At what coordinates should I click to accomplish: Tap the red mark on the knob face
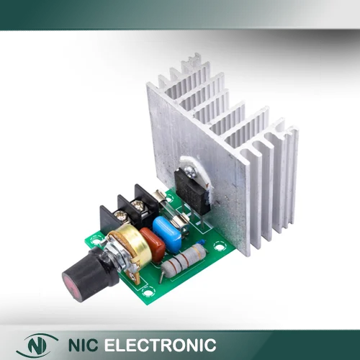click(71, 286)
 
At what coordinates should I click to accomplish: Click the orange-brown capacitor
click(153, 244)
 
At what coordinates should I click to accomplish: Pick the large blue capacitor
click(166, 228)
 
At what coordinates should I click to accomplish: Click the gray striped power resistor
click(184, 258)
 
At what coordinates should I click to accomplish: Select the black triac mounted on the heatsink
click(192, 189)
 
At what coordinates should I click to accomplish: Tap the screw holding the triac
click(190, 170)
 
